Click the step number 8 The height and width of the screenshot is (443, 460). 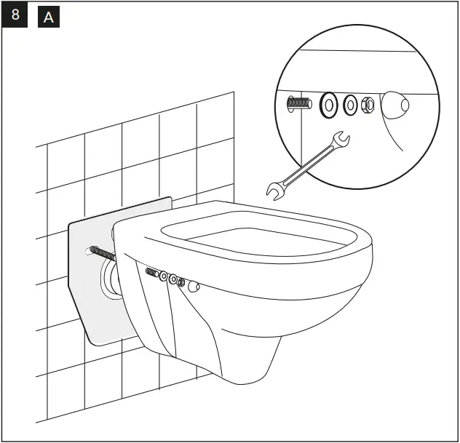15,15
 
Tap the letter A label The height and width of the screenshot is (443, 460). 48,17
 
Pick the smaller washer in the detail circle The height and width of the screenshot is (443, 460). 351,105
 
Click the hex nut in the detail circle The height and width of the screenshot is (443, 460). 368,105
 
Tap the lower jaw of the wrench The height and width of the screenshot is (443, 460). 275,191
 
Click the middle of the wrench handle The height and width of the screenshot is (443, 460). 306,165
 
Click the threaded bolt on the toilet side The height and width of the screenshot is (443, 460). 154,274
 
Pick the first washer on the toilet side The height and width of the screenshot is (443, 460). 164,276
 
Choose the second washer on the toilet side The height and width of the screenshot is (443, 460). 173,279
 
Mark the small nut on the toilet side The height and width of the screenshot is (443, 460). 181,282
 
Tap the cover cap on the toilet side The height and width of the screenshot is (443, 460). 194,287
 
